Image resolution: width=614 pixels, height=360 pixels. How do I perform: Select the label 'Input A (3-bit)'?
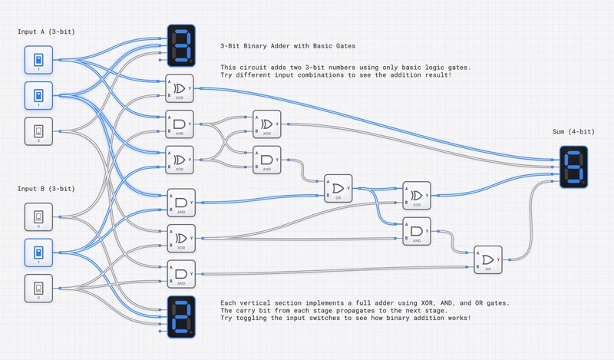[51, 31]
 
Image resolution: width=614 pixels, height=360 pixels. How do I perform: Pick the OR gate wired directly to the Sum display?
[487, 259]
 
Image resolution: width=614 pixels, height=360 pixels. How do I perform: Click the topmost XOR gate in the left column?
[181, 88]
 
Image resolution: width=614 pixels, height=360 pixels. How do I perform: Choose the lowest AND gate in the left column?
[181, 274]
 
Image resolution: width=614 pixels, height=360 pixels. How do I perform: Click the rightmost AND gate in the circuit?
[418, 231]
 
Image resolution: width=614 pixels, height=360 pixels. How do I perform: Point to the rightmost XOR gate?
[418, 195]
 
